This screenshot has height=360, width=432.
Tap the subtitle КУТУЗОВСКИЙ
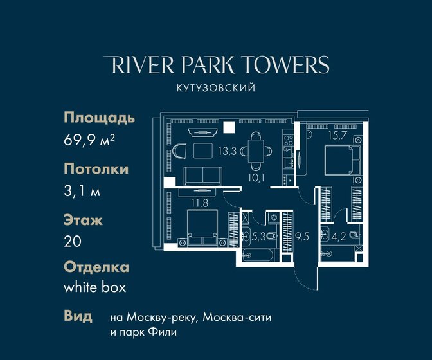[216, 88]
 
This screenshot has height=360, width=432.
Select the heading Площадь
[100, 118]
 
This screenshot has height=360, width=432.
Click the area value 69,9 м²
[89, 140]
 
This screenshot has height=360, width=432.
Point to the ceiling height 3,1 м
[82, 190]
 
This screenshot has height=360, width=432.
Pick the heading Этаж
[83, 220]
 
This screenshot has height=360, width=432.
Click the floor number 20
[73, 241]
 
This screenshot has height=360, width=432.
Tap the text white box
[94, 287]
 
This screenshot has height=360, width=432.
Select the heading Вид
[78, 316]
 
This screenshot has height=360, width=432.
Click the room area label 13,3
[228, 151]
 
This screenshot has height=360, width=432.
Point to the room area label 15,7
[337, 135]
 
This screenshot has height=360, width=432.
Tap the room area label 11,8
[200, 203]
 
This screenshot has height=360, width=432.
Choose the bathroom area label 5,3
[258, 237]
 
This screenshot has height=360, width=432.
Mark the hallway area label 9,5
[302, 237]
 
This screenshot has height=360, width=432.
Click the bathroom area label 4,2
[339, 237]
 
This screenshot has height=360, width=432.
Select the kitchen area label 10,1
[256, 178]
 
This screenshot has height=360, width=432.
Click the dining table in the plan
[256, 151]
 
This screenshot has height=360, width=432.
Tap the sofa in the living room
[203, 176]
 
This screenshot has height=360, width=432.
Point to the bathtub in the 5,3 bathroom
[258, 255]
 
